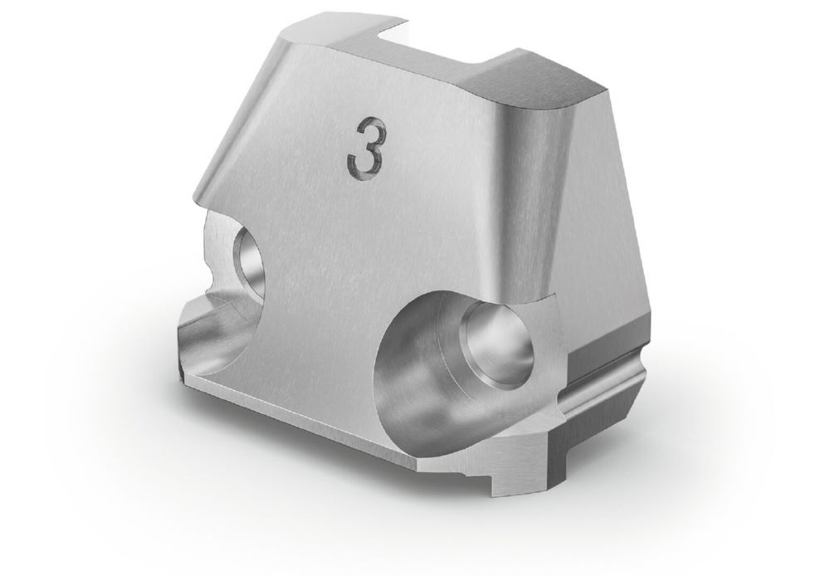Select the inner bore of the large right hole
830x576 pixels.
pos(497,344)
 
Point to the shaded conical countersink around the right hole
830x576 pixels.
pos(423,371)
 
